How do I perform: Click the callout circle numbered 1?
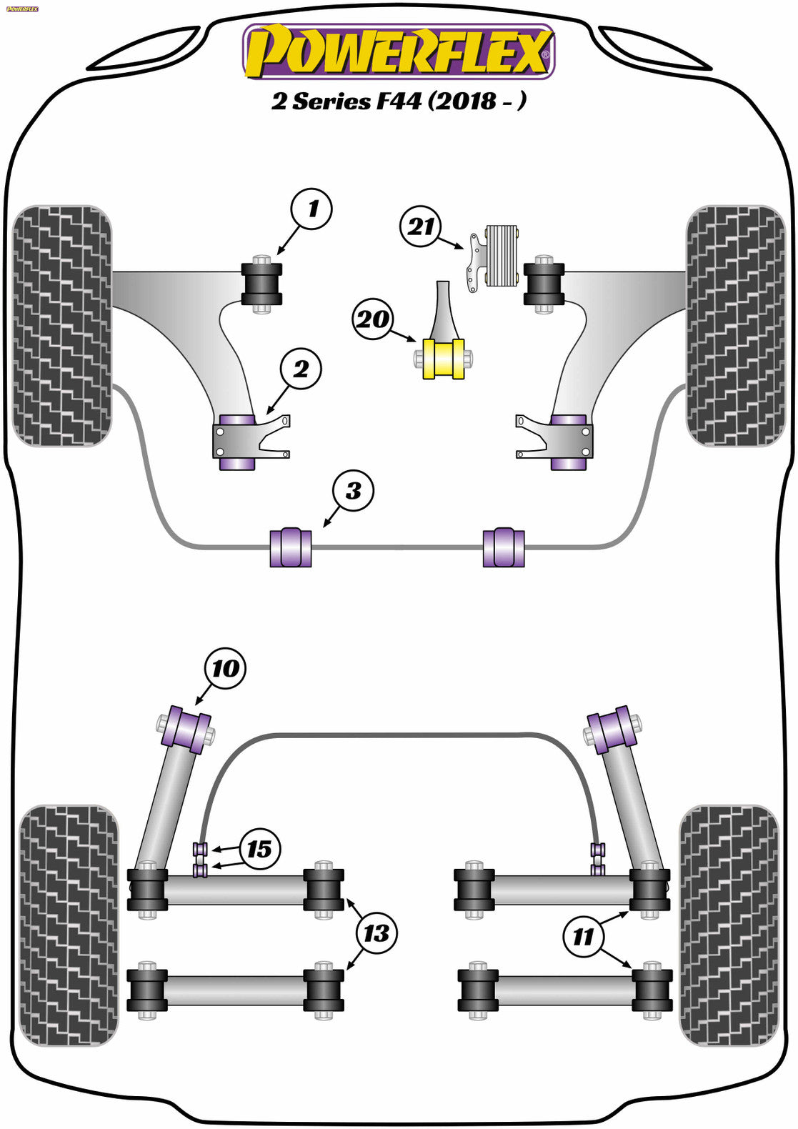coord(312,209)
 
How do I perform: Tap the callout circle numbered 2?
coord(301,369)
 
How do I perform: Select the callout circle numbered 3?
coord(353,491)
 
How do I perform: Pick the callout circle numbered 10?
coord(225,668)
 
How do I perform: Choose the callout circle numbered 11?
coord(583,936)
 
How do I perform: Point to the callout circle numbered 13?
coord(376,932)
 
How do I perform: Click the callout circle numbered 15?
coord(259,849)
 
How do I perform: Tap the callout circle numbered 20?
coord(372,319)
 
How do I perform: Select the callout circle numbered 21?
coord(421,227)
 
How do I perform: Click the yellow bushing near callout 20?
coord(444,359)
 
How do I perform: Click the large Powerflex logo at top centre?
coord(399,51)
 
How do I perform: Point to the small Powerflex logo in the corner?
coord(21,9)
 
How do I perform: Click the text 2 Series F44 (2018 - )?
coord(399,101)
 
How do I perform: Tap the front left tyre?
coord(63,326)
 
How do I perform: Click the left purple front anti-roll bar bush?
coord(291,547)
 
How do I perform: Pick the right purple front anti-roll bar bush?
coord(504,547)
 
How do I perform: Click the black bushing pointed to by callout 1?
coord(261,284)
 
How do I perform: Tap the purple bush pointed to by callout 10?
coord(186,729)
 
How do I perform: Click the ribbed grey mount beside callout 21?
coord(502,255)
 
